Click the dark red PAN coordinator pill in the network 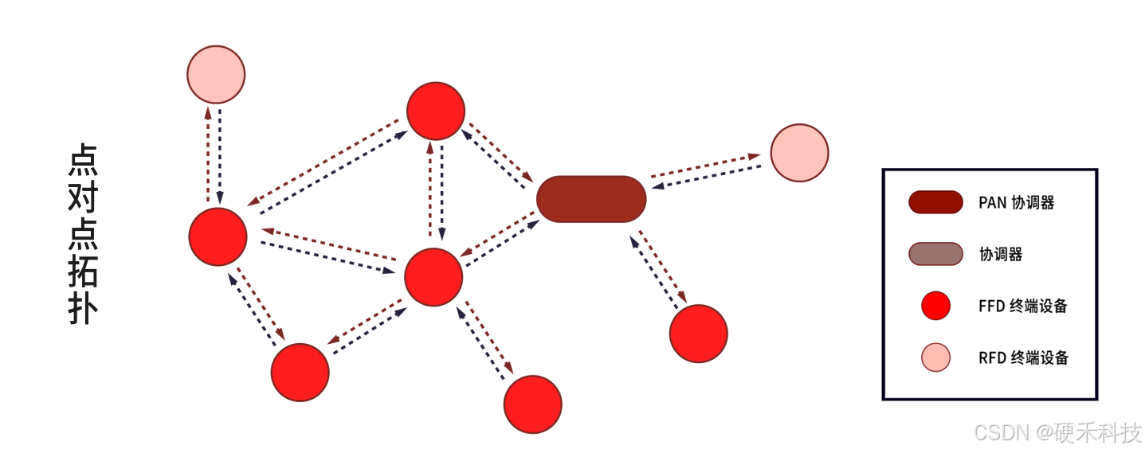(x=590, y=199)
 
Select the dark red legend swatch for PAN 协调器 (x=935, y=202)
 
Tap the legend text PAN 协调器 (x=1016, y=203)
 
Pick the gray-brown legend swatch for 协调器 (x=935, y=254)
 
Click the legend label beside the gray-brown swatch (x=1000, y=255)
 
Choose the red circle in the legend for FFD (x=935, y=306)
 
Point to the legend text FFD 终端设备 (x=1022, y=306)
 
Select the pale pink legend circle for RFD (x=935, y=357)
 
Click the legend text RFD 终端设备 (x=1023, y=357)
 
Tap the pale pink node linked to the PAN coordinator (x=799, y=153)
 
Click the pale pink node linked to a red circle (x=216, y=75)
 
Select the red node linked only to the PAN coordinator (x=698, y=334)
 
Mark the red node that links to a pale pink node (x=218, y=236)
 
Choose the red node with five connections (x=433, y=277)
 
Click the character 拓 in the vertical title (x=82, y=272)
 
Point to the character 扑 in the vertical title (x=82, y=310)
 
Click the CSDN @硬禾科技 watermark (x=1057, y=432)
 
